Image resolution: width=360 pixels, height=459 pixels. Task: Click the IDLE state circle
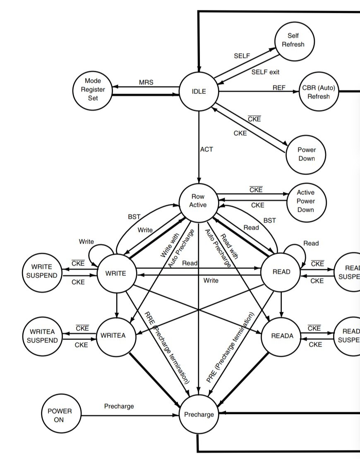199,92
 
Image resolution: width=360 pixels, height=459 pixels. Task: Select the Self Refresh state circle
295,41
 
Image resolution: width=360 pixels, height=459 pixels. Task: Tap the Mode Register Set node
93,89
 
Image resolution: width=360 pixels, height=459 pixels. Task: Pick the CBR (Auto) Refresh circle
319,92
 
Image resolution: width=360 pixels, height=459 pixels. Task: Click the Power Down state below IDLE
306,154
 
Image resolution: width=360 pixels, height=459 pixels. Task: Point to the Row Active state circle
198,201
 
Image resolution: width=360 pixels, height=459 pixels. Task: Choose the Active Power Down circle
306,201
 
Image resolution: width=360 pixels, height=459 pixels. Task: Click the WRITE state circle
116,273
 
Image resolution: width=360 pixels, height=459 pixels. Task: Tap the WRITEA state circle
116,336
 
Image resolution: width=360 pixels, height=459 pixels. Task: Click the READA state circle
282,336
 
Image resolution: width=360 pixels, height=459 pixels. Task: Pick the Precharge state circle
199,414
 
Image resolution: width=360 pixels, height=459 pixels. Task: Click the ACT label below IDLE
206,149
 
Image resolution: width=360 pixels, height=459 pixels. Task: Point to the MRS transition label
146,82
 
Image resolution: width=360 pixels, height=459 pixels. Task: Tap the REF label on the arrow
279,88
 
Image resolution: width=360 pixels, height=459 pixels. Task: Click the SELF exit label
265,72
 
